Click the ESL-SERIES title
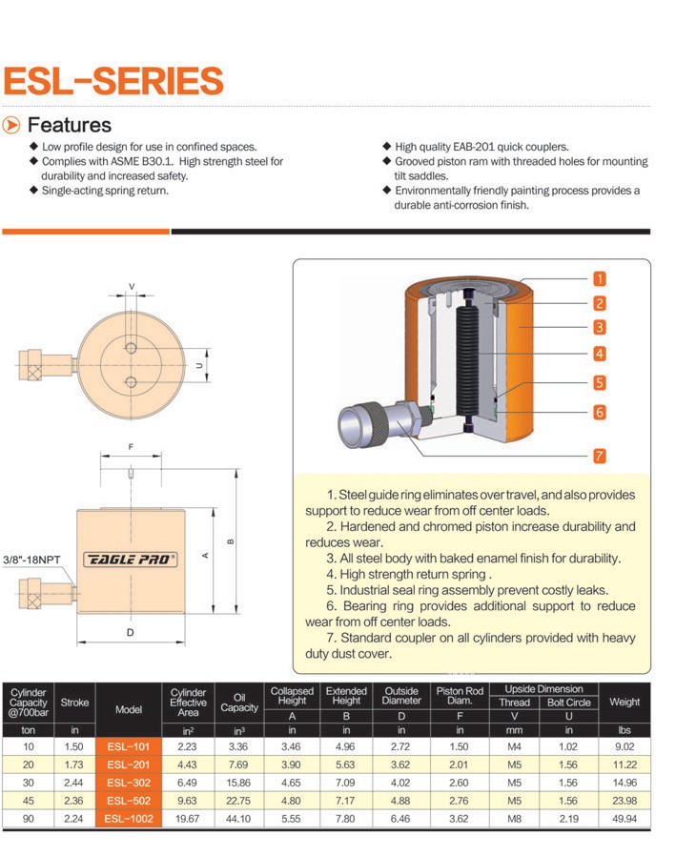point(113,81)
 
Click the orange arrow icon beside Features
point(10,125)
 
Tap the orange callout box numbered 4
point(600,354)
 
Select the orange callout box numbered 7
point(600,456)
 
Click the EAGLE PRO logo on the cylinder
point(130,560)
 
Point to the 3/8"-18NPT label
point(31,560)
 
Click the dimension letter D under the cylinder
point(130,632)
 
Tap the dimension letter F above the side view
point(131,447)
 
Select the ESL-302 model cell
point(129,783)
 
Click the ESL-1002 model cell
point(129,819)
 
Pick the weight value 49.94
point(625,819)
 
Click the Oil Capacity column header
point(239,703)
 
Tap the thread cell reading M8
point(514,819)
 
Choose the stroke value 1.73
point(73,764)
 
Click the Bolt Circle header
point(569,703)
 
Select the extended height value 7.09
point(345,783)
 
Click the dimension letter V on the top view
point(131,287)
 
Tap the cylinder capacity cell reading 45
point(28,801)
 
